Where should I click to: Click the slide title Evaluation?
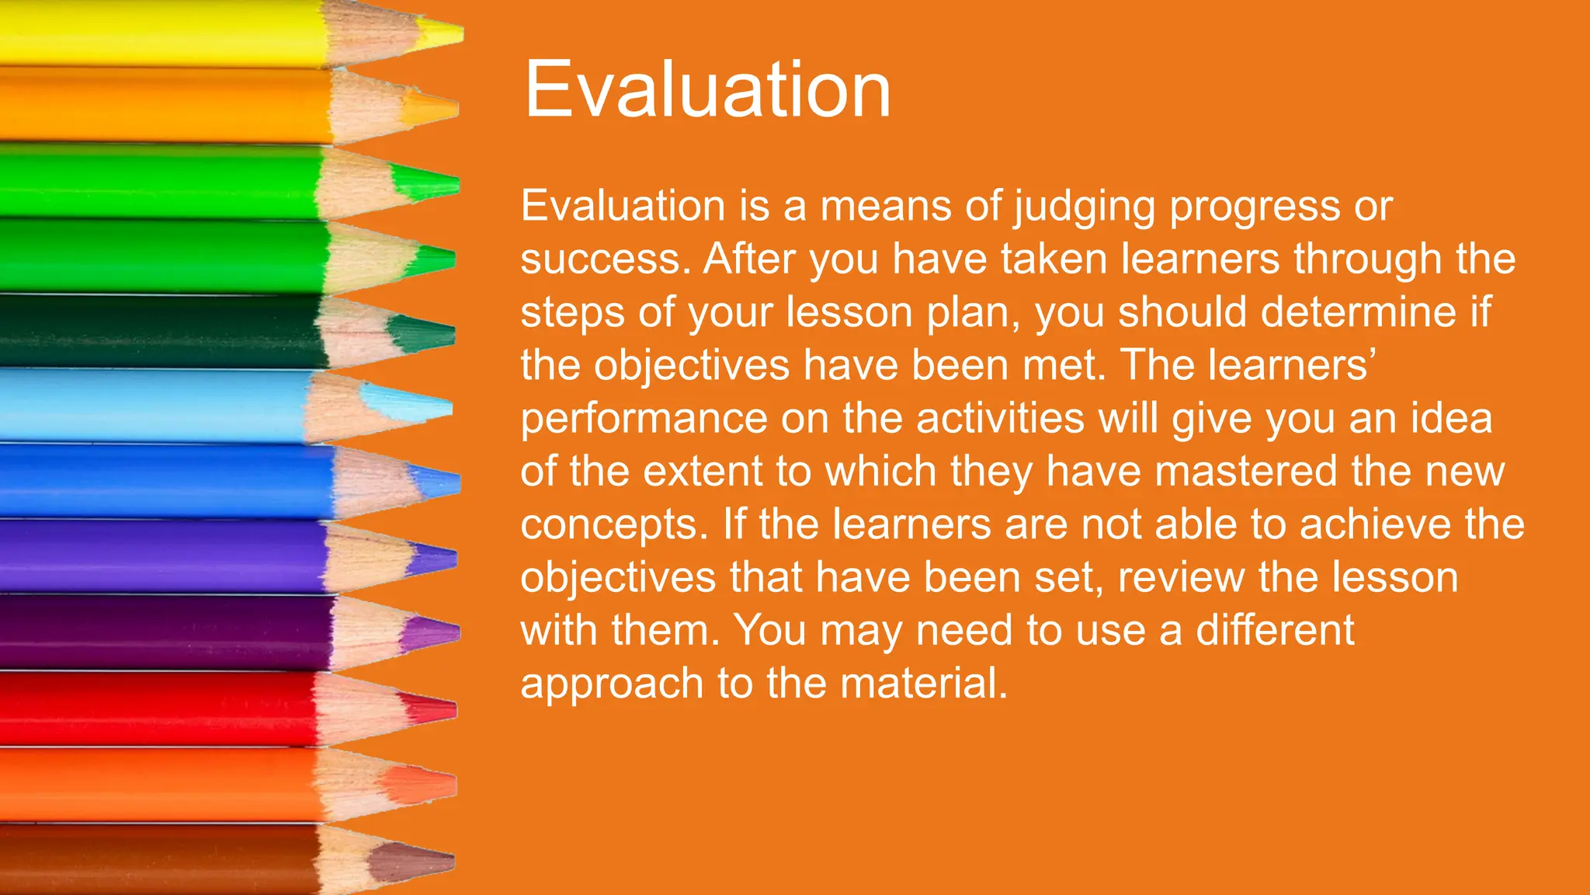706,90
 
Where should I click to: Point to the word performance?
644,420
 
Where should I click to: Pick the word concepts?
614,526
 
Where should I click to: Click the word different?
1275,630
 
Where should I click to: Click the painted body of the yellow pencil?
155,33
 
